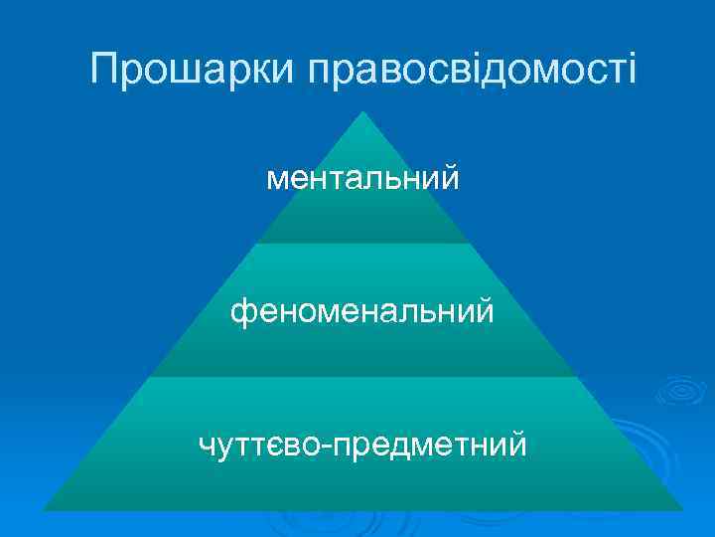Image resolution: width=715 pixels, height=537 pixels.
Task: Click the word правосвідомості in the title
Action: (470, 70)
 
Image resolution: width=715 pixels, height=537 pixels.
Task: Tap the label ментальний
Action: (362, 179)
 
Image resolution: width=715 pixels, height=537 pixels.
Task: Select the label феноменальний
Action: (362, 311)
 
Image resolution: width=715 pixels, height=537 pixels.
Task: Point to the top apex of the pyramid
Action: (363, 111)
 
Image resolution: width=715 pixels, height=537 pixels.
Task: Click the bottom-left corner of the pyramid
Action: (44, 509)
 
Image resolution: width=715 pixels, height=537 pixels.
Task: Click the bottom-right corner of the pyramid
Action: (683, 509)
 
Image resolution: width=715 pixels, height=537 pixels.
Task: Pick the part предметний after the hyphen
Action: (430, 443)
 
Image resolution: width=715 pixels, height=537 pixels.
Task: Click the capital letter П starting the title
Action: (104, 70)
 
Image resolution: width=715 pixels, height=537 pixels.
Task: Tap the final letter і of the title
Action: (629, 70)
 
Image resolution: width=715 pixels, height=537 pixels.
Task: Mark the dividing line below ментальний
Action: (362, 243)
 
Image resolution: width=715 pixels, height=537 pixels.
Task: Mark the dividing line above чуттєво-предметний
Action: (362, 376)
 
